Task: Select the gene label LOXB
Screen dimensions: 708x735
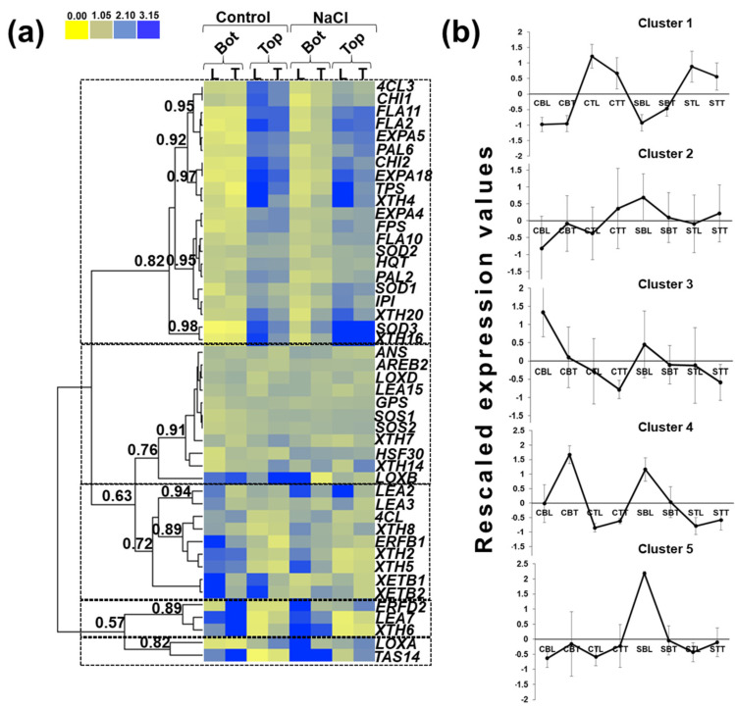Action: pos(395,478)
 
